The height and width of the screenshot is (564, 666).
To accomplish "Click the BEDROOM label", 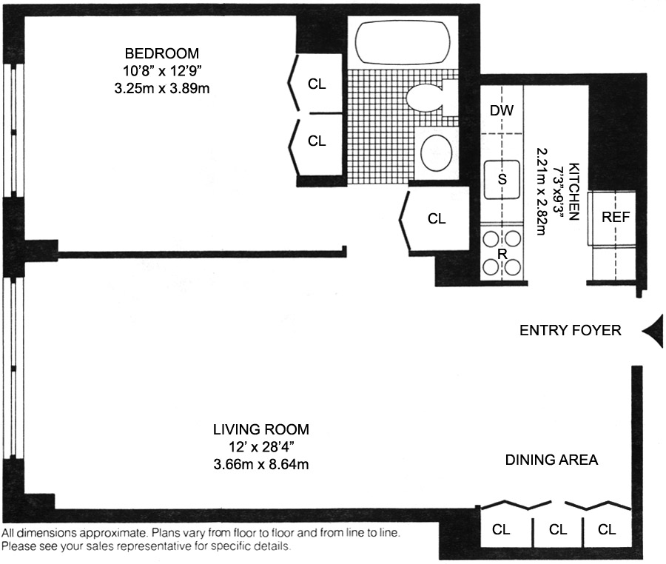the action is point(162,53).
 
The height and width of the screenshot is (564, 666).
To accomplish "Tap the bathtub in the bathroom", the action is point(403,42).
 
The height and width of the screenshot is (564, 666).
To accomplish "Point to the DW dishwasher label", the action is point(502,111).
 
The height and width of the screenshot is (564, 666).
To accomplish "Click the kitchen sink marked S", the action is point(502,179).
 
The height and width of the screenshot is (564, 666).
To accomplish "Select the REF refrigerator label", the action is point(616,218).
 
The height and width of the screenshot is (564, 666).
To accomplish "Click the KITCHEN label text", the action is point(573,191).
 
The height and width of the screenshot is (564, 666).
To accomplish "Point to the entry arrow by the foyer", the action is point(653,332).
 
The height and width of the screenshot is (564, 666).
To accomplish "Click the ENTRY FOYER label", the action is point(571,330).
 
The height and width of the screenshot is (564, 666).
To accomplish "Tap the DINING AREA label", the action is point(552,460).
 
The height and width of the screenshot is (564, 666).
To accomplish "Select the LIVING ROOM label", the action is point(261,430).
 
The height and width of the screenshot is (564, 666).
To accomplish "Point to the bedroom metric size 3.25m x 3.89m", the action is point(162,88).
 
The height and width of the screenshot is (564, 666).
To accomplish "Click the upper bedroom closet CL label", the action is point(317,84).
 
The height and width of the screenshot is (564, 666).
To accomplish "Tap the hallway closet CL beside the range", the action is point(437,219).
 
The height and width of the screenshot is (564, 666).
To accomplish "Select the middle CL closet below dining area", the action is point(558,530).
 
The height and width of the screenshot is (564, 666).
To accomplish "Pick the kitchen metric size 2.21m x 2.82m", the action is point(542,191).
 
